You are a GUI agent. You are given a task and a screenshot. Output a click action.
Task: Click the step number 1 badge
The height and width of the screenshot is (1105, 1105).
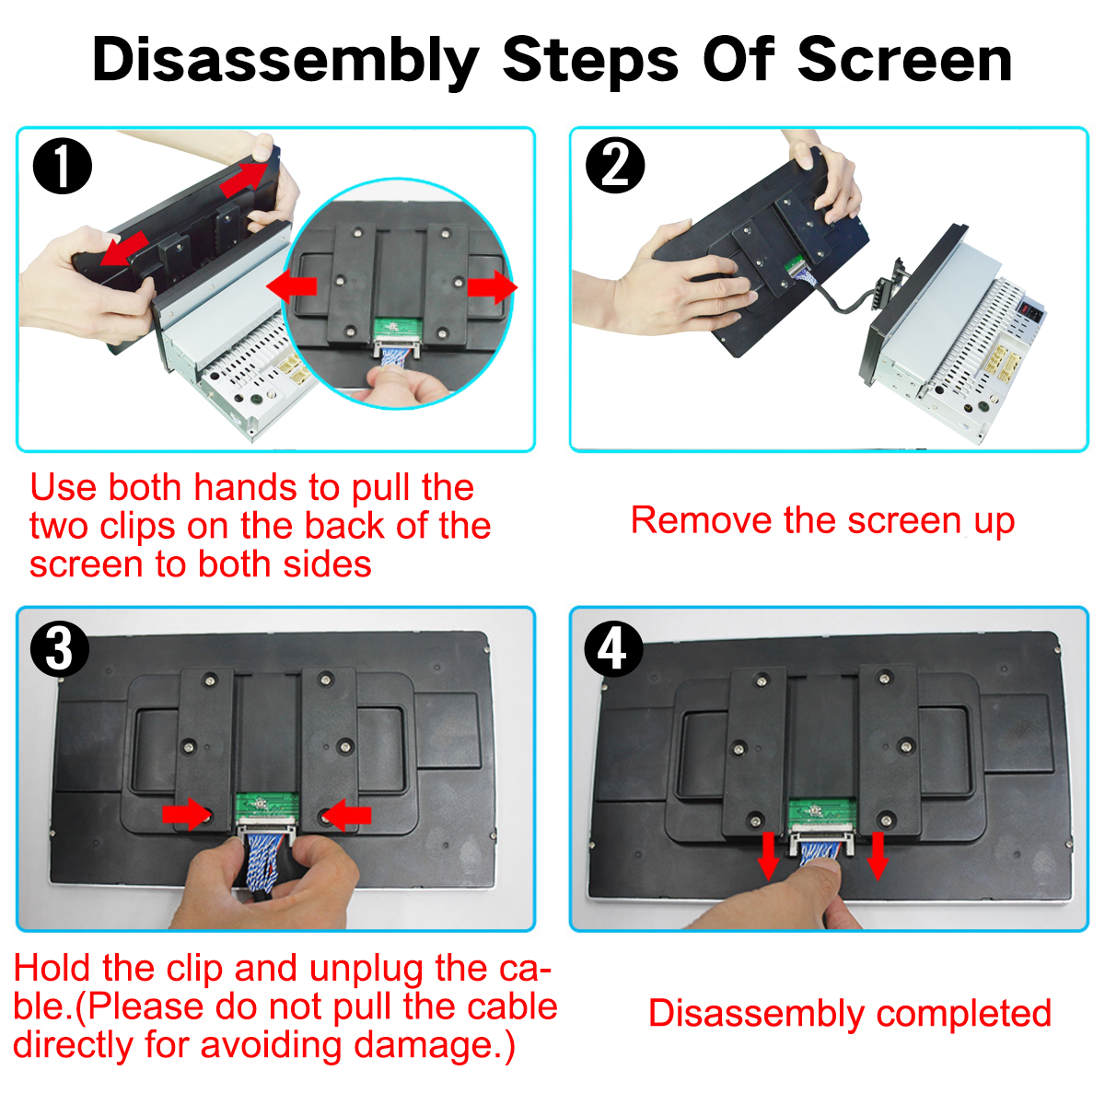pyautogui.click(x=62, y=166)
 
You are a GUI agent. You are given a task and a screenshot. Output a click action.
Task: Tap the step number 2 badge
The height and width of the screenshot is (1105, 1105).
pyautogui.click(x=615, y=165)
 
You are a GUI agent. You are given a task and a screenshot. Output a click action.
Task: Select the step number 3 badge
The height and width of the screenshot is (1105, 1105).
pyautogui.click(x=60, y=650)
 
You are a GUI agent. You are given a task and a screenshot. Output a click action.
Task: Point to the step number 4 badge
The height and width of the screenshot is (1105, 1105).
pyautogui.click(x=613, y=649)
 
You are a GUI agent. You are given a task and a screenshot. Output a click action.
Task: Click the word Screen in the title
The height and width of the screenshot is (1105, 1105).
pyautogui.click(x=905, y=60)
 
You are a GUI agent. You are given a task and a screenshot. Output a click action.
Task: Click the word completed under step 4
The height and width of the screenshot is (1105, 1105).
pyautogui.click(x=964, y=1013)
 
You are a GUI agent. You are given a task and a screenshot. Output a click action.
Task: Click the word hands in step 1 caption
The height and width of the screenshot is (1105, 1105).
pyautogui.click(x=246, y=487)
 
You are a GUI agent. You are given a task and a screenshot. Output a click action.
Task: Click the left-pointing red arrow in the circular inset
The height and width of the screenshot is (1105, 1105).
pyautogui.click(x=292, y=286)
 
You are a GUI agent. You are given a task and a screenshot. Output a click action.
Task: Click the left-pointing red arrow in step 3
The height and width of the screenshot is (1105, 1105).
pyautogui.click(x=347, y=815)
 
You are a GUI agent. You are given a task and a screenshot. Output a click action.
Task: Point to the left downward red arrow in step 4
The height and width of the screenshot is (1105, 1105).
pyautogui.click(x=768, y=856)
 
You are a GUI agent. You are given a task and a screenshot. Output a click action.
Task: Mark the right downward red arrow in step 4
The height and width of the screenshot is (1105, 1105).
pyautogui.click(x=878, y=856)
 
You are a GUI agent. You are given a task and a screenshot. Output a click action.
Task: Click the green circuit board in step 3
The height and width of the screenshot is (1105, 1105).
pyautogui.click(x=267, y=808)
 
